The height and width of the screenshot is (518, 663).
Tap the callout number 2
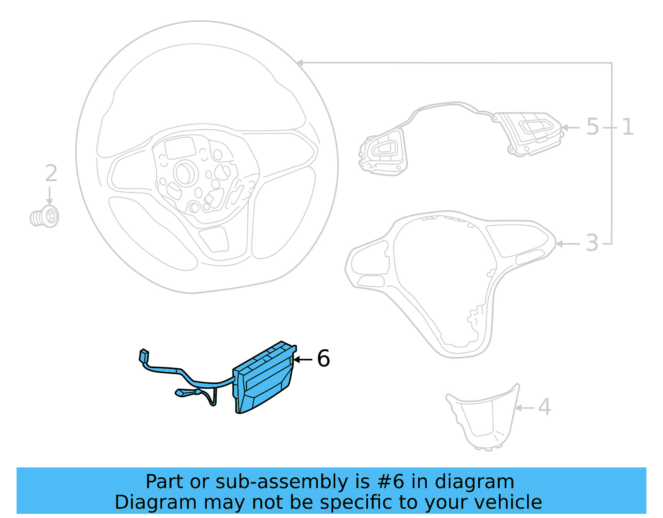tap(51, 173)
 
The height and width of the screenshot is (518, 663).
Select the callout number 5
tap(593, 126)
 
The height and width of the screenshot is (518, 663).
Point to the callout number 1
tap(627, 126)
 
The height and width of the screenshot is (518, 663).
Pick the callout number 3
tap(592, 243)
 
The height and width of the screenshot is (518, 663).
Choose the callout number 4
tap(544, 407)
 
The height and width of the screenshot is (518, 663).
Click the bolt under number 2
tap(45, 217)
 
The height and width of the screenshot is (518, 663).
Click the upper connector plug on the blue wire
tap(144, 356)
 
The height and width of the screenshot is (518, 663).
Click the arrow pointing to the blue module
tap(302, 360)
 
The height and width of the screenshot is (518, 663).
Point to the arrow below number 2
tap(49, 196)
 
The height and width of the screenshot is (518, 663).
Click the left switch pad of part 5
tap(383, 152)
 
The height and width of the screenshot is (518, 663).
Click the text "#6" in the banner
tap(390, 482)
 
